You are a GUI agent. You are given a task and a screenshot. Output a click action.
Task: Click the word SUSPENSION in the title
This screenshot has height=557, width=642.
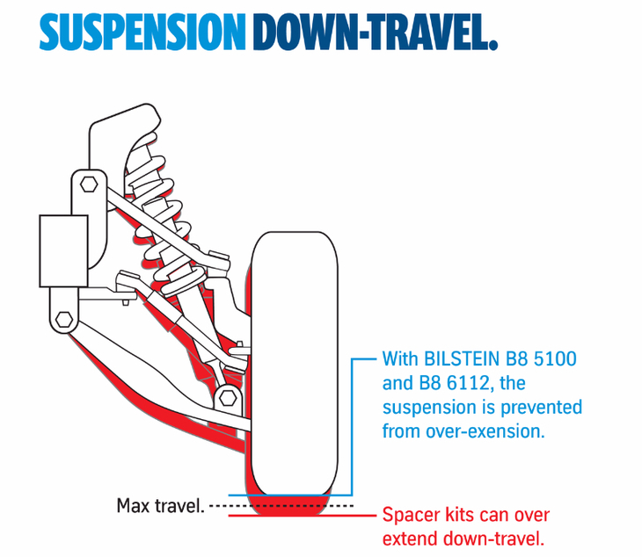pyautogui.click(x=142, y=32)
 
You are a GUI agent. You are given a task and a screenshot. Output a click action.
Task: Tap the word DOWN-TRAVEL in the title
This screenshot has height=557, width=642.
pyautogui.click(x=375, y=32)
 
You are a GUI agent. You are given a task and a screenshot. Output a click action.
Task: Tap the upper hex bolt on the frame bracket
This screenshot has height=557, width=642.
pyautogui.click(x=89, y=184)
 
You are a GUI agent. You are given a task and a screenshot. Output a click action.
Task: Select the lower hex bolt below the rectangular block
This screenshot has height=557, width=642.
pyautogui.click(x=63, y=318)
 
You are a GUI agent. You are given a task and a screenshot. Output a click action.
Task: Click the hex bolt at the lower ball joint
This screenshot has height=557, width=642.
pyautogui.click(x=227, y=393)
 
